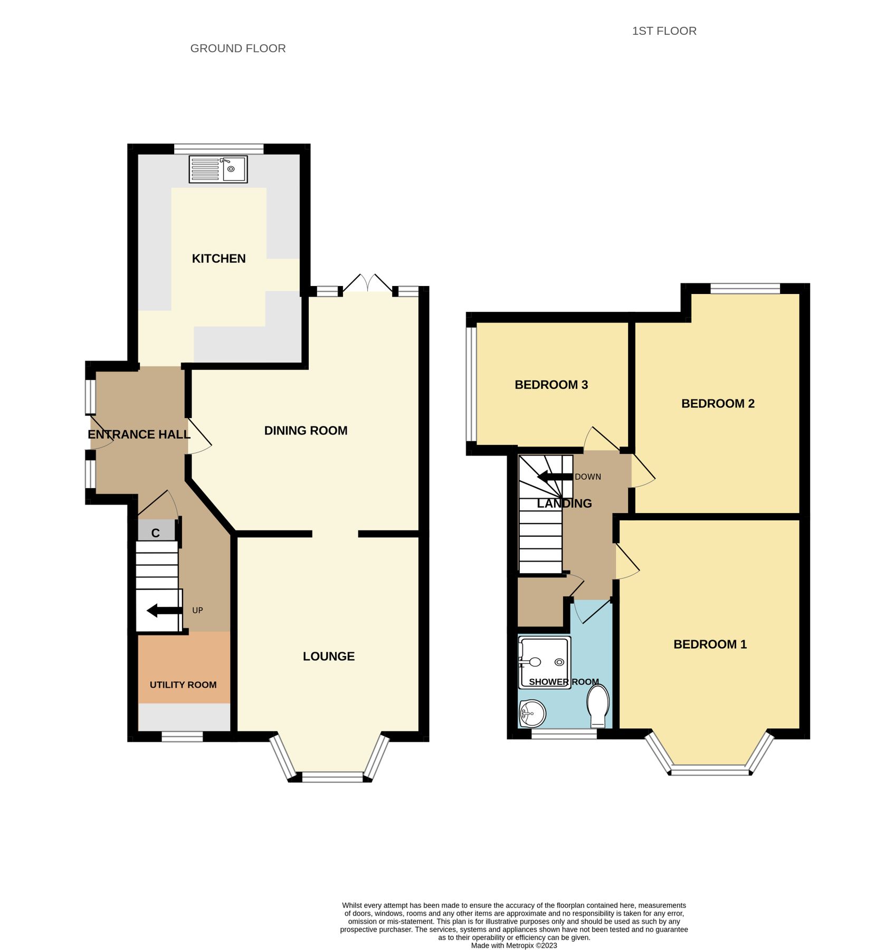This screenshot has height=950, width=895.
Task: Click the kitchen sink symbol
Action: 218,169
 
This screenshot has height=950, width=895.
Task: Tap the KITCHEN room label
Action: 218,259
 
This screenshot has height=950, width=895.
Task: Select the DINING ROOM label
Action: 306,431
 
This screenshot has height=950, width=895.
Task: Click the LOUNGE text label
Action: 328,656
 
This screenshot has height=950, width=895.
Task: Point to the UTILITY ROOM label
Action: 183,685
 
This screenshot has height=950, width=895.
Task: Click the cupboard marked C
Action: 156,531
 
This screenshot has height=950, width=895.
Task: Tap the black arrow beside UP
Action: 164,611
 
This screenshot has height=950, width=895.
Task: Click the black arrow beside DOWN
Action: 555,477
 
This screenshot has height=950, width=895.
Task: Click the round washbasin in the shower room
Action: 532,713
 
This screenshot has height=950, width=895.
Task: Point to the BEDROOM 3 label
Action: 551,385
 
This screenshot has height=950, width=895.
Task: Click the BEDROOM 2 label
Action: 718,404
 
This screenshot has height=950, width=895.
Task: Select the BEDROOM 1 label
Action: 710,644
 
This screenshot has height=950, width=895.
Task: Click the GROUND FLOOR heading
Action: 237,49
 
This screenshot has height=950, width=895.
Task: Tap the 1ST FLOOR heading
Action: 664,31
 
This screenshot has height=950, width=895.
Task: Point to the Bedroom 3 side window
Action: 471,384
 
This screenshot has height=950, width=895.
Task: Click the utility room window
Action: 182,736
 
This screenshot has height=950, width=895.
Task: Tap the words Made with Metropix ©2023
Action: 513,945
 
